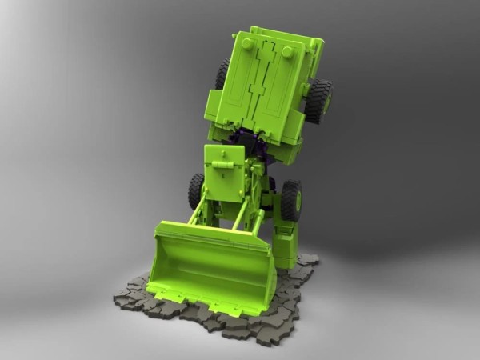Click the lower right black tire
(290, 200)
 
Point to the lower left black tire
(196, 190)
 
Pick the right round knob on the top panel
(286, 52)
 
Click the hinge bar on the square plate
(225, 166)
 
